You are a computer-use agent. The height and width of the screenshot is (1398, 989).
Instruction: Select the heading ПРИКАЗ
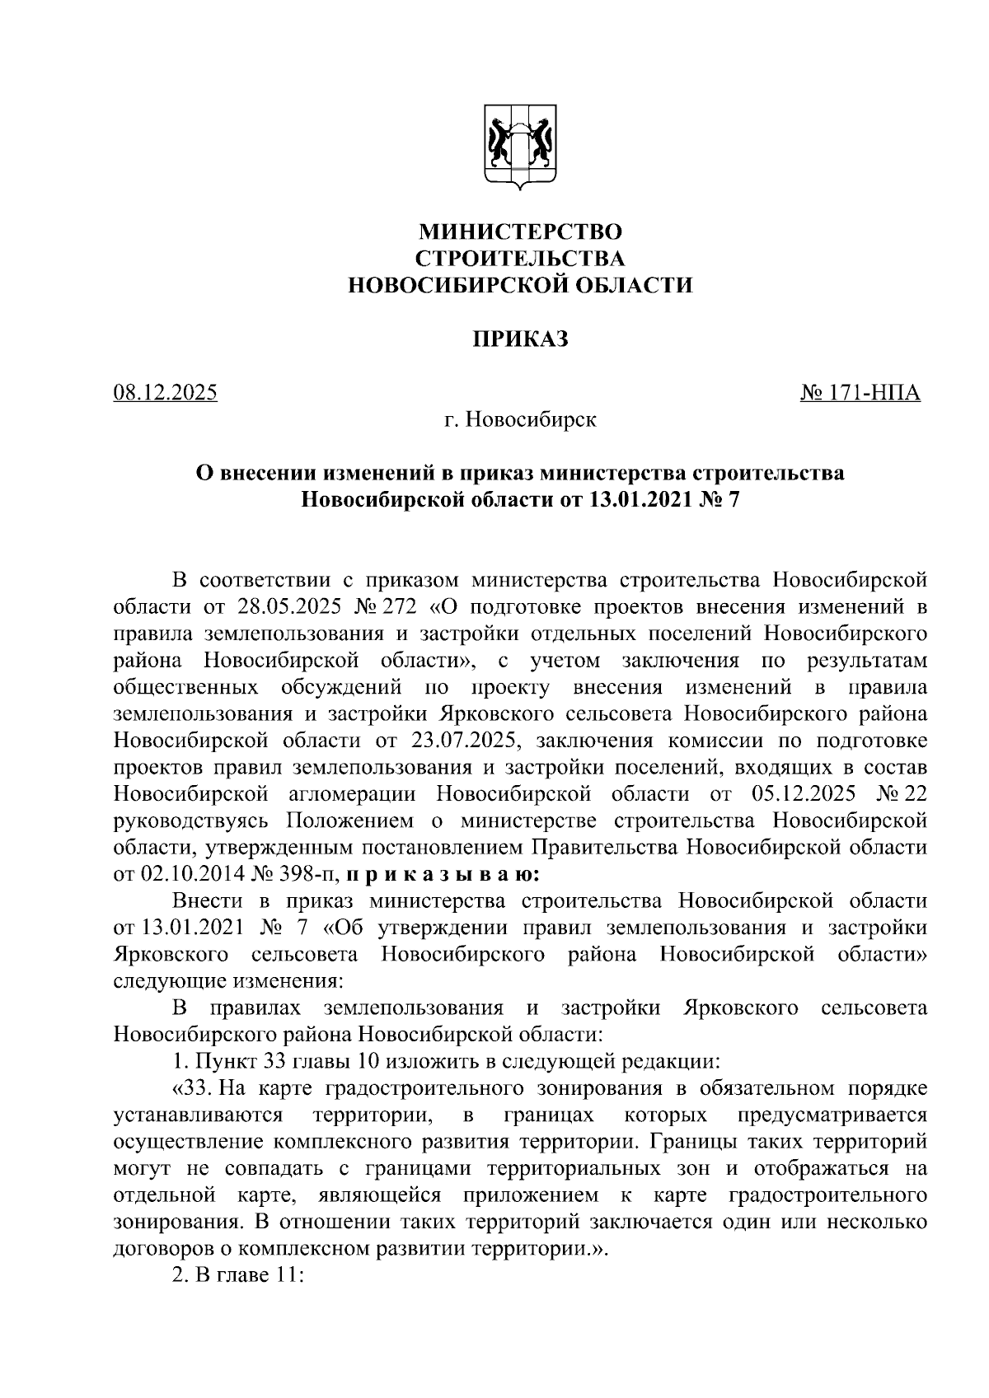pos(519,339)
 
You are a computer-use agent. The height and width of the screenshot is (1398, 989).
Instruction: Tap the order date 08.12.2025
pos(166,392)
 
